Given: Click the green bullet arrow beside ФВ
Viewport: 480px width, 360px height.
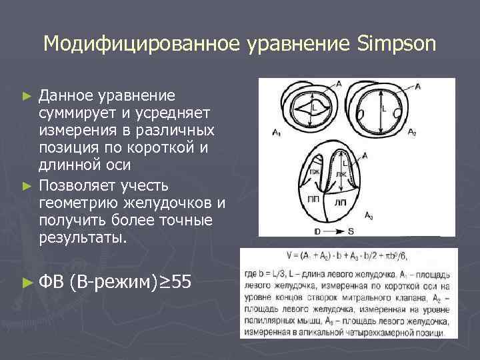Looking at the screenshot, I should [27, 283].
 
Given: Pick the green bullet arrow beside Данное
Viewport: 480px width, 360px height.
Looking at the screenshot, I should [27, 96].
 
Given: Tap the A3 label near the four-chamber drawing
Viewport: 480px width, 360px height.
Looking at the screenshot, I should [369, 215].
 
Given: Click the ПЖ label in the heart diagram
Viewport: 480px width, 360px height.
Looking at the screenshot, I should [313, 173].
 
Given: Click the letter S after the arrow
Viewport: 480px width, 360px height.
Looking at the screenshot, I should [351, 231].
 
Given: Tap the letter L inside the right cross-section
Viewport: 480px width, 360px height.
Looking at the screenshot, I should [384, 106].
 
